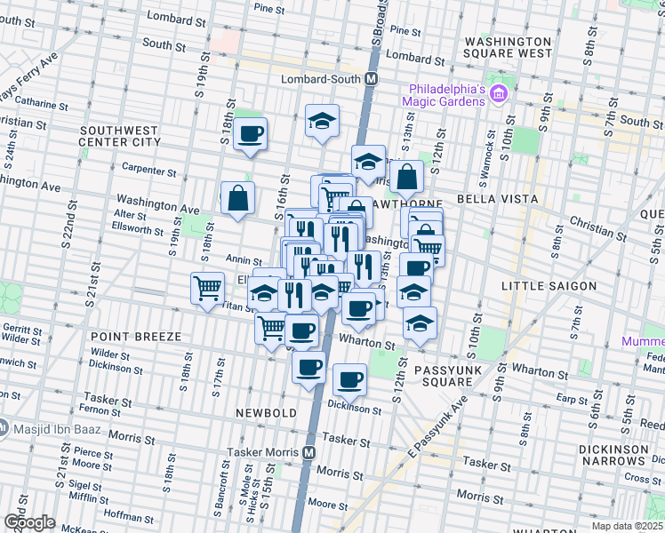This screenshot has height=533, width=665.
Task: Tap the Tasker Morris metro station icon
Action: pos(308,451)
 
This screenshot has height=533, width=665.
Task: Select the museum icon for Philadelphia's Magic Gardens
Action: pos(499,93)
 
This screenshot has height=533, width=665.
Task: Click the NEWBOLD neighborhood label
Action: pos(265,413)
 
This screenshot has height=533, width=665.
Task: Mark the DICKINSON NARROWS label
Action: pos(613,456)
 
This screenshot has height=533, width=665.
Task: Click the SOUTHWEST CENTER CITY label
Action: pos(120,135)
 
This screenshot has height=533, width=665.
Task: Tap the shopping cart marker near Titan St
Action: pos(207,288)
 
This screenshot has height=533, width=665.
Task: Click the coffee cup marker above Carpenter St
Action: pos(250,133)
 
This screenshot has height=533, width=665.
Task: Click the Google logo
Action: pos(29,522)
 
